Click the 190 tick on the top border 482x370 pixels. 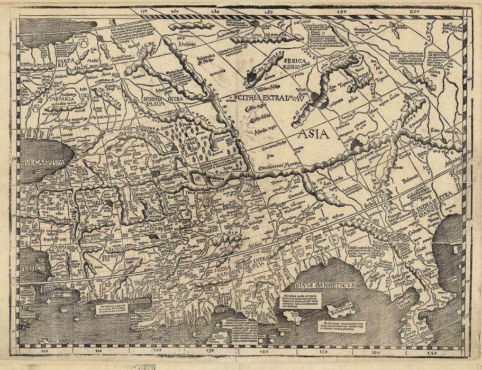[341, 11]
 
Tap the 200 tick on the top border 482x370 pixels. [414, 11]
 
